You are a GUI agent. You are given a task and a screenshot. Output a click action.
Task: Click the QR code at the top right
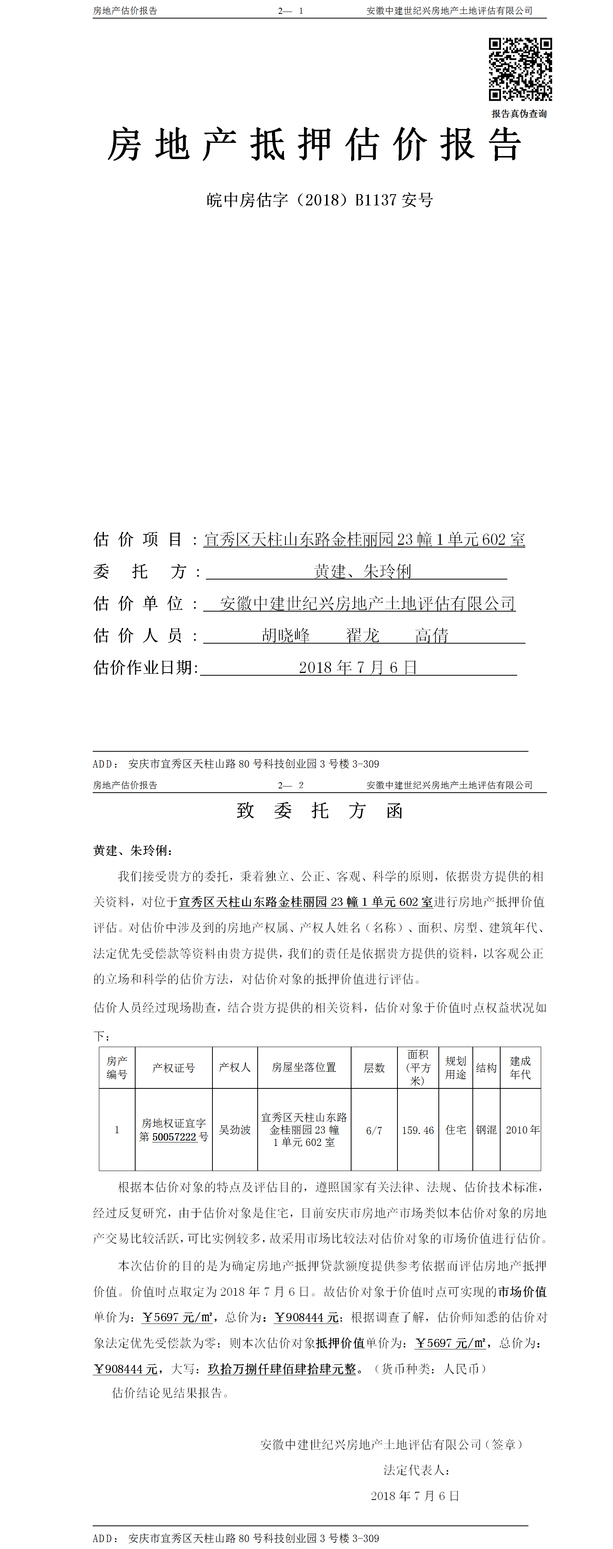(x=520, y=69)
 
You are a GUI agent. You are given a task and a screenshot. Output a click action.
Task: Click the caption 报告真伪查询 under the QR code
(x=518, y=114)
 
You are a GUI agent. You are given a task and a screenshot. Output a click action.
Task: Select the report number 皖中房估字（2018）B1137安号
(x=319, y=200)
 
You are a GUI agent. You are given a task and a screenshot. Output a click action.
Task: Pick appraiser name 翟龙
(x=362, y=635)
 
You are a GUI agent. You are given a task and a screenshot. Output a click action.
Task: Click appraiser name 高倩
(x=431, y=635)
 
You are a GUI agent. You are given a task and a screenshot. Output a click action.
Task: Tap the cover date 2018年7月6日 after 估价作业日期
(x=358, y=668)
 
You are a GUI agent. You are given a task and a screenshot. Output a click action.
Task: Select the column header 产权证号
(x=173, y=1068)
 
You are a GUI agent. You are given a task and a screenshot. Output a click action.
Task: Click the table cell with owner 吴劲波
(x=234, y=1130)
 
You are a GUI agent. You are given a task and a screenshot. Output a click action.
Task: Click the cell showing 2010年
(x=522, y=1130)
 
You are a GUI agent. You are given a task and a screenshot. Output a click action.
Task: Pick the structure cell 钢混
(x=486, y=1130)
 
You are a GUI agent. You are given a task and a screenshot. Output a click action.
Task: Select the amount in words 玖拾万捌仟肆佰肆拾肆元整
(x=282, y=1369)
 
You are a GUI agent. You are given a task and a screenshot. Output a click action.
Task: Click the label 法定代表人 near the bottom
(x=416, y=1470)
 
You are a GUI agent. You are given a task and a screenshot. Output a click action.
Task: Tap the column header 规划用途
(x=455, y=1068)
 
